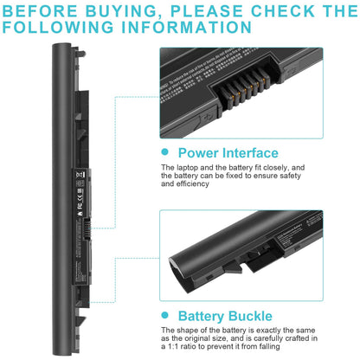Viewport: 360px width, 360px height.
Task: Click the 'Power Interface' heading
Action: click(x=228, y=152)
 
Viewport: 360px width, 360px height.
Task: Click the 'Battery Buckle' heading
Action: click(x=225, y=316)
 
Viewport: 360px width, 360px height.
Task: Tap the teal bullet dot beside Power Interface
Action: click(x=166, y=152)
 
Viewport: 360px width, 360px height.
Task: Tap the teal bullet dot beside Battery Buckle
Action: click(x=166, y=316)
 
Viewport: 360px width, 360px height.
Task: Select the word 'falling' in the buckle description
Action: click(x=326, y=349)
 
